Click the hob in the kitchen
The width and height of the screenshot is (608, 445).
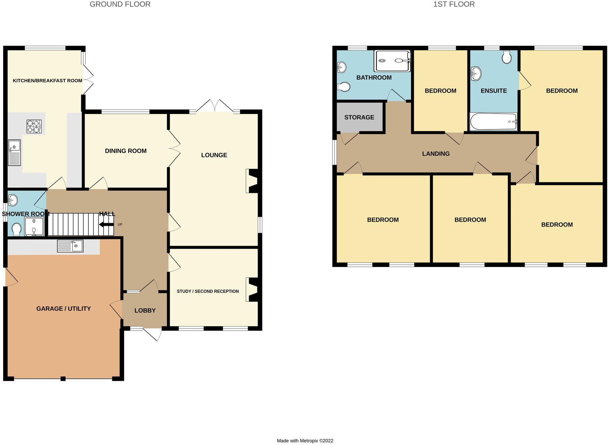click(34, 126)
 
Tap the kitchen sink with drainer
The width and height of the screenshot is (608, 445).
click(14, 153)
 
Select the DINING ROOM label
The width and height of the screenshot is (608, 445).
click(126, 151)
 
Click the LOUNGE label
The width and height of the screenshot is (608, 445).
click(214, 155)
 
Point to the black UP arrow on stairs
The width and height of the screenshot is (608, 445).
click(106, 225)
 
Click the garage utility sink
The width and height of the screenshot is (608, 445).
click(70, 246)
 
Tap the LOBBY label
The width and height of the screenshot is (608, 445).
click(145, 310)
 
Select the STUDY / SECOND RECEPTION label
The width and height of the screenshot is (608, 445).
click(208, 291)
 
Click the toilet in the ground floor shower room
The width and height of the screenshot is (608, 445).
click(16, 230)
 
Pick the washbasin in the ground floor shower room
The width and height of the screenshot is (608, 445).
click(13, 200)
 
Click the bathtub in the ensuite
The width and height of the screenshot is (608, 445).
click(493, 121)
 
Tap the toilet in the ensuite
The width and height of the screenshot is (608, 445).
click(506, 57)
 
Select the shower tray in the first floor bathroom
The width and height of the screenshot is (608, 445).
click(392, 61)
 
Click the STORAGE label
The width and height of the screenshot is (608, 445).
click(359, 117)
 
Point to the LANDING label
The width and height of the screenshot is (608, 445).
click(436, 154)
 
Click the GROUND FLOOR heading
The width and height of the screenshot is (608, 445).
click(120, 4)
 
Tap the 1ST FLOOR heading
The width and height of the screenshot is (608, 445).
click(454, 4)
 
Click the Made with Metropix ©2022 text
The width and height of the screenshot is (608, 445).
click(305, 441)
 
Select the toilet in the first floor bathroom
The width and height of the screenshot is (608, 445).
click(344, 87)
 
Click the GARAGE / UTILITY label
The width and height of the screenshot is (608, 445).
click(63, 308)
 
